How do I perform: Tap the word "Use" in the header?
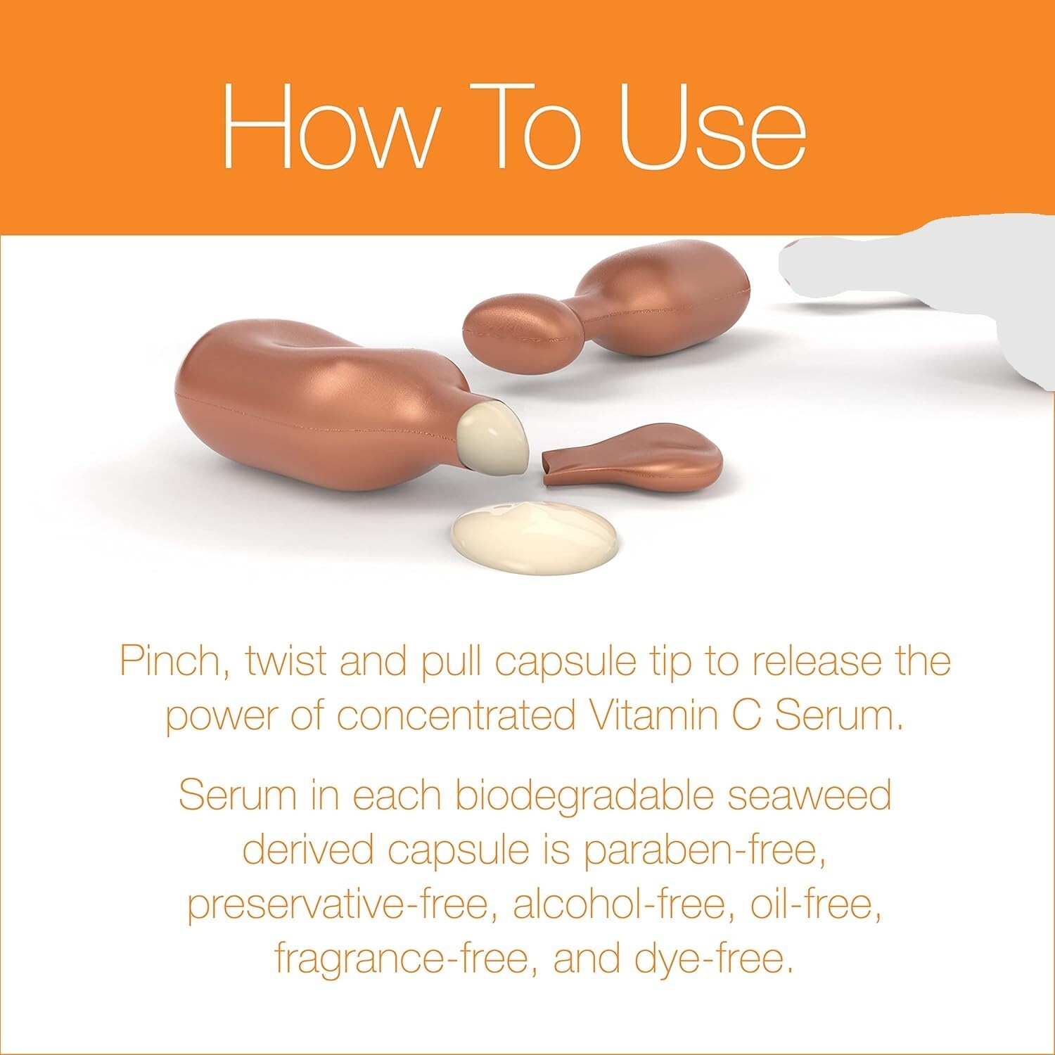[x=713, y=127]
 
